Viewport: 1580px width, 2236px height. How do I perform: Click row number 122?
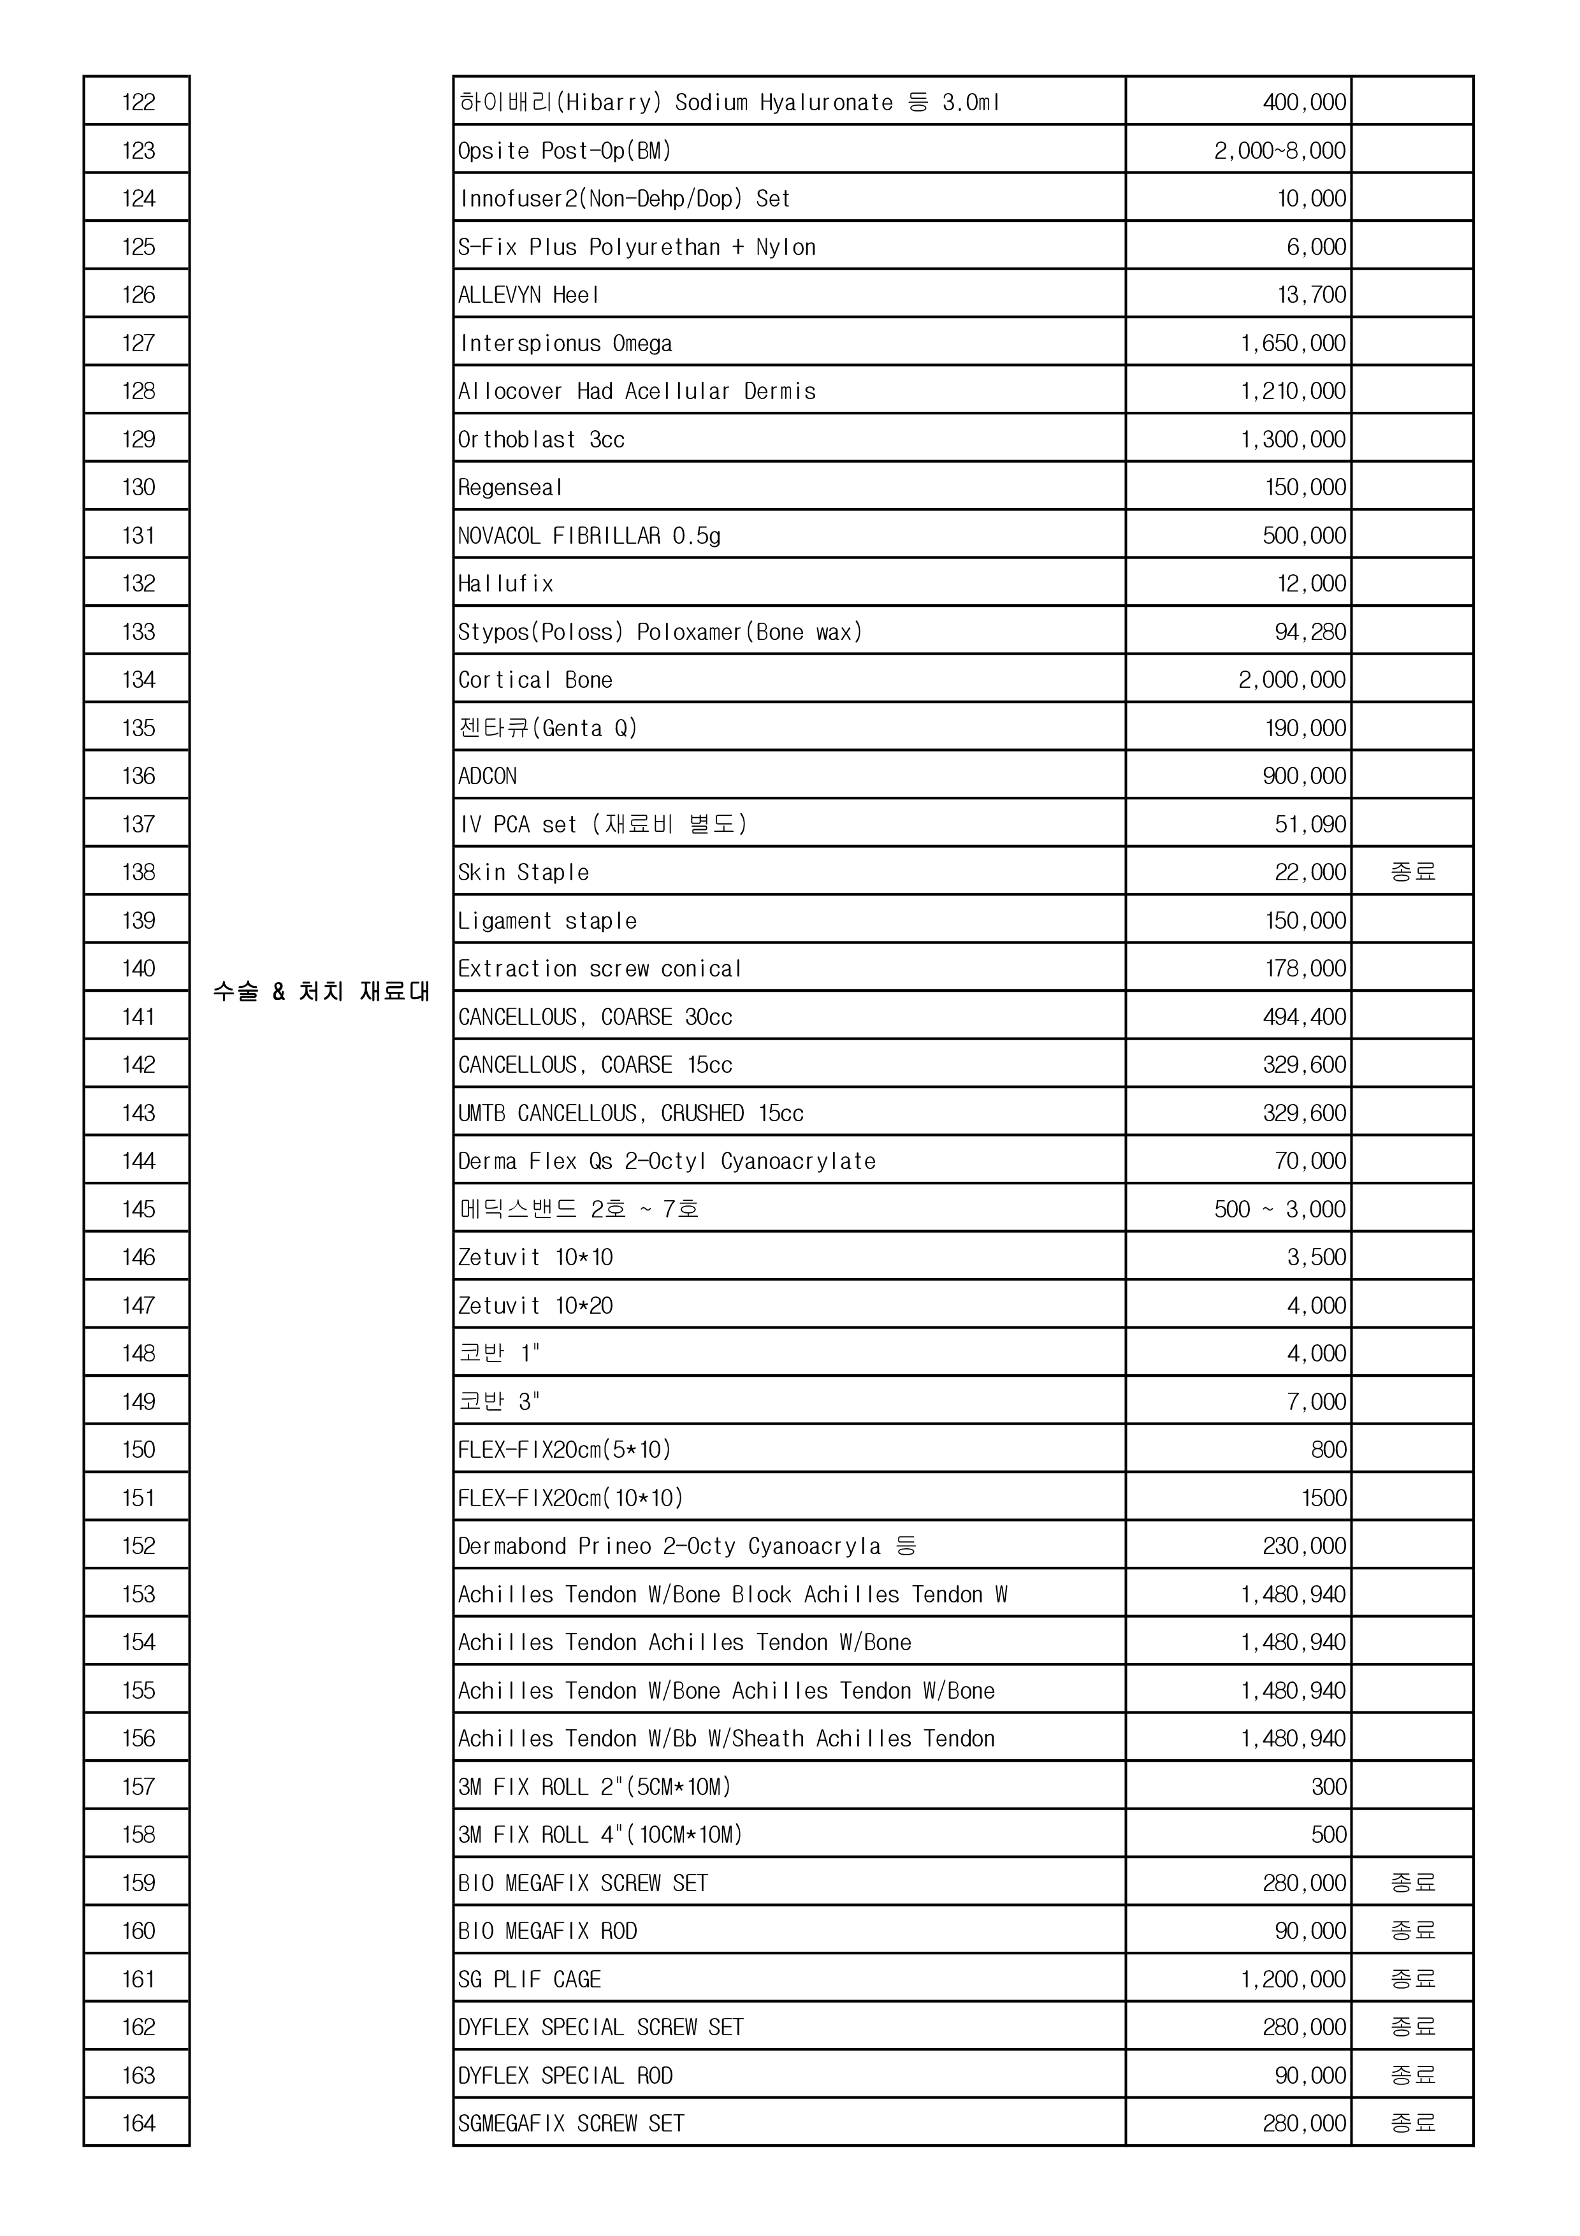138,102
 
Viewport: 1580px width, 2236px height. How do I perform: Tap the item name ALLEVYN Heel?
528,295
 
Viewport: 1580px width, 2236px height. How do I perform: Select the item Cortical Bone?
535,679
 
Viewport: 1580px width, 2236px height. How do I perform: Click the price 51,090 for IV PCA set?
1310,824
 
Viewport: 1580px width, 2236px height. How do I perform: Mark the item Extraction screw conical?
600,969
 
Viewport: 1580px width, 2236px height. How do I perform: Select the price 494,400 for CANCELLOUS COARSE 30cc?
1305,1017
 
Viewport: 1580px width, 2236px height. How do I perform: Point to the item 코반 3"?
500,1402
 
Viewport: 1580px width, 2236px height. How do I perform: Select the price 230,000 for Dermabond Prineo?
1305,1546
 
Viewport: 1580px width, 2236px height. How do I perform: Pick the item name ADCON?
488,776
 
